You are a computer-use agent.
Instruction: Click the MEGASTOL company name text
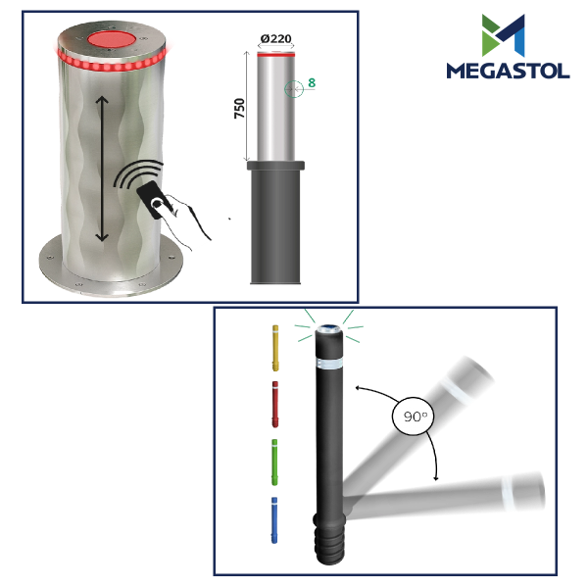pyautogui.click(x=508, y=71)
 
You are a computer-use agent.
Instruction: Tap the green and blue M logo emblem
pyautogui.click(x=504, y=35)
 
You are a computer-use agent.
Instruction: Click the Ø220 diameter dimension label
pyautogui.click(x=275, y=38)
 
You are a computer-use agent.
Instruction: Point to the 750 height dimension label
pyautogui.click(x=239, y=109)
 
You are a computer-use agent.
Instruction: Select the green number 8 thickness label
pyautogui.click(x=312, y=83)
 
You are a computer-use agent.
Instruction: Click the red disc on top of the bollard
pyautogui.click(x=112, y=40)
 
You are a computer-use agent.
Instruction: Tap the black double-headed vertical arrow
pyautogui.click(x=102, y=169)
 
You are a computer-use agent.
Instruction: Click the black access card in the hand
pyautogui.click(x=154, y=200)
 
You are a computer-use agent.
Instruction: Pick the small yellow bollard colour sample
pyautogui.click(x=275, y=348)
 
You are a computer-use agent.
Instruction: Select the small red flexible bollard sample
pyautogui.click(x=274, y=404)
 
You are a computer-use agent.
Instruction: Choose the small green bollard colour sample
pyautogui.click(x=274, y=462)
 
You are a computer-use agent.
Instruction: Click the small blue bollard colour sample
pyautogui.click(x=274, y=520)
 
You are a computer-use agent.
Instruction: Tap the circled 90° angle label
pyautogui.click(x=413, y=416)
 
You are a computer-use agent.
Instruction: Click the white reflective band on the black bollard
pyautogui.click(x=329, y=363)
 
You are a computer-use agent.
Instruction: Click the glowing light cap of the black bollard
pyautogui.click(x=328, y=329)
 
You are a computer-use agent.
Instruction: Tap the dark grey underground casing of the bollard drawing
pyautogui.click(x=275, y=222)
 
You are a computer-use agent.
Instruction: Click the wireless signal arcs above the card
pyautogui.click(x=137, y=173)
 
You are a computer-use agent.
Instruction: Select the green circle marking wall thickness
pyautogui.click(x=294, y=89)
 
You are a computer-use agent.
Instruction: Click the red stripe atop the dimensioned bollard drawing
pyautogui.click(x=275, y=55)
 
